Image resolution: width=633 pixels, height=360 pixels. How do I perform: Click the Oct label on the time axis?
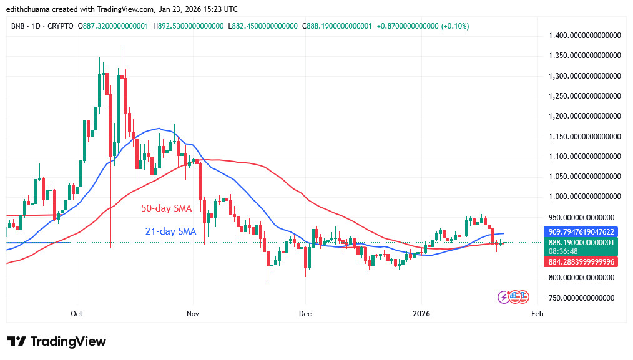(x=77, y=313)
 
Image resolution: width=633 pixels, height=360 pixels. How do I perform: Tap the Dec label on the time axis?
(x=305, y=313)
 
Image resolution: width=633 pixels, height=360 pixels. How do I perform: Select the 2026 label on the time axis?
(x=421, y=313)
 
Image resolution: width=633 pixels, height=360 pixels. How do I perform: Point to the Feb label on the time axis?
(x=536, y=313)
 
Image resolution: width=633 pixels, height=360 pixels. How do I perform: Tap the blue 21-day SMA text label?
(x=170, y=231)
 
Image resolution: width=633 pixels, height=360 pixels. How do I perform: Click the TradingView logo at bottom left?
(x=57, y=341)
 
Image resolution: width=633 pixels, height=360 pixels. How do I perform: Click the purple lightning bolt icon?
(x=503, y=297)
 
